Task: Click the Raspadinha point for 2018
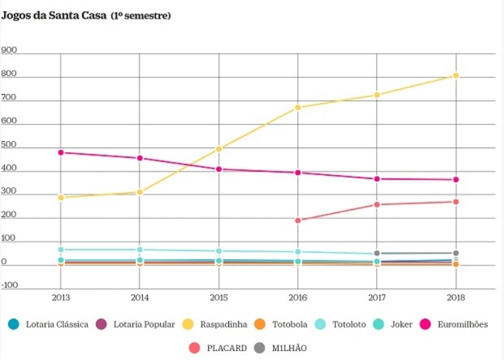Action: [456, 76]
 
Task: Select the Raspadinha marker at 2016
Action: [298, 108]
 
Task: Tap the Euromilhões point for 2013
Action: [60, 152]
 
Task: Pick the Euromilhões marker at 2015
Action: [219, 169]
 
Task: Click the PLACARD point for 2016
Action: [298, 220]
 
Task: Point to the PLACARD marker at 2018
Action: [456, 202]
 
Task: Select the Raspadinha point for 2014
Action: [140, 192]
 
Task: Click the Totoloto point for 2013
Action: [60, 250]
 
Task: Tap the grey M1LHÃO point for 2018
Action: [456, 253]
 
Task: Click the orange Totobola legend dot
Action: [260, 325]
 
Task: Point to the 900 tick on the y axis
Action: [9, 50]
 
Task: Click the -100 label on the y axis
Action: [10, 285]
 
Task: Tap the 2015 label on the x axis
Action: [219, 297]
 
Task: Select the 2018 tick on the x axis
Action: [456, 297]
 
